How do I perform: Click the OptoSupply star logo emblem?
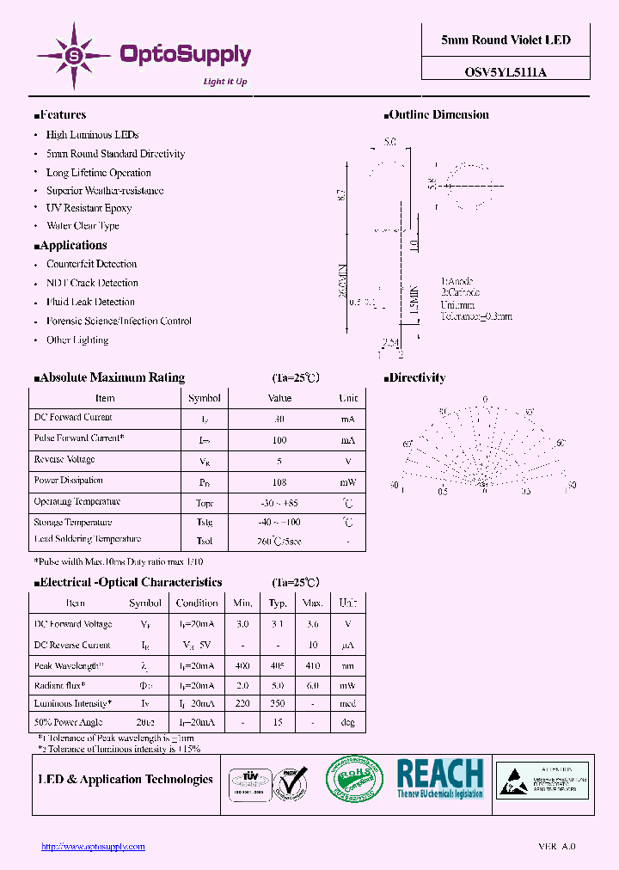click(x=74, y=56)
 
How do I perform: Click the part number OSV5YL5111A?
click(x=506, y=73)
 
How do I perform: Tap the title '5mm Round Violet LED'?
click(x=506, y=40)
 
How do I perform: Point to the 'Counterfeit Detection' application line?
click(x=91, y=264)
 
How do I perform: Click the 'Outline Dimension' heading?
click(x=438, y=114)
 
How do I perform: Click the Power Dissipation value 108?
click(x=279, y=482)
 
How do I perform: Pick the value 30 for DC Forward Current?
click(x=279, y=419)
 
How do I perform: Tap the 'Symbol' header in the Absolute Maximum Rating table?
click(x=205, y=398)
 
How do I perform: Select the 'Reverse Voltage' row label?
click(x=64, y=460)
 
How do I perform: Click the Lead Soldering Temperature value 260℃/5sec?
click(x=279, y=542)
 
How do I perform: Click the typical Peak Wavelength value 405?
click(x=278, y=665)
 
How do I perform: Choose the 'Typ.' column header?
click(x=278, y=603)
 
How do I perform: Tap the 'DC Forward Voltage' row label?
click(x=72, y=624)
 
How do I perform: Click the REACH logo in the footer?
click(x=440, y=779)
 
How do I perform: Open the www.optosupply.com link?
click(x=93, y=847)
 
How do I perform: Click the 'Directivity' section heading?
click(x=418, y=377)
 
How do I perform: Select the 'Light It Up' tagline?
click(x=224, y=82)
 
